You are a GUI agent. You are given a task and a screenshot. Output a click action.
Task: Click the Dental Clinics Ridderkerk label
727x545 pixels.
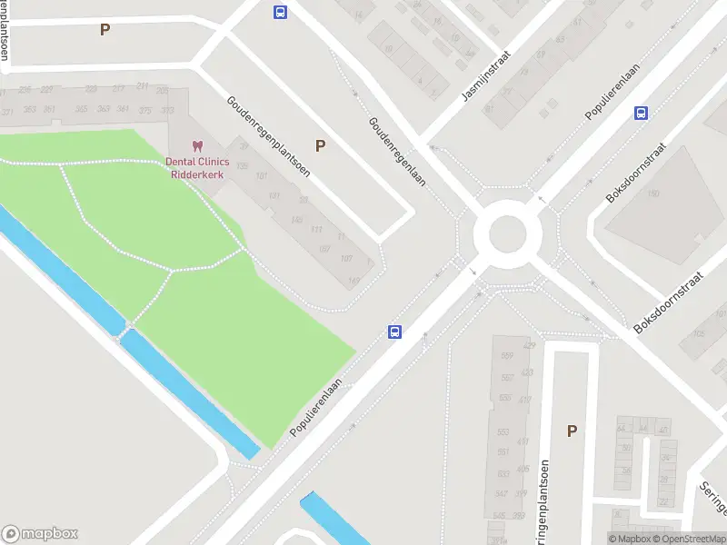click(x=197, y=167)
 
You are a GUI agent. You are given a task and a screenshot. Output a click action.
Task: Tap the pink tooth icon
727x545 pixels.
click(x=196, y=145)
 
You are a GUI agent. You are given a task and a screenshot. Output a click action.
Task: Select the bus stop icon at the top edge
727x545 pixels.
click(x=280, y=12)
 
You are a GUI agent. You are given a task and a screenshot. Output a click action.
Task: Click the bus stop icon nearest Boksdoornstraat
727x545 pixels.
click(x=641, y=114)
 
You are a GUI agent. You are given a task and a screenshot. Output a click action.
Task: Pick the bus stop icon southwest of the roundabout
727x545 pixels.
click(x=395, y=332)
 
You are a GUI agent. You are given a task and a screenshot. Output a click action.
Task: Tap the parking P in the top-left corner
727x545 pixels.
click(x=105, y=29)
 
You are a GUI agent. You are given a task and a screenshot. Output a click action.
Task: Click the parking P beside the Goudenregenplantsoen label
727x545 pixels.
click(x=320, y=145)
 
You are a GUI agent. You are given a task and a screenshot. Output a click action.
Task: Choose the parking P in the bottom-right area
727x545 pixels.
click(x=572, y=431)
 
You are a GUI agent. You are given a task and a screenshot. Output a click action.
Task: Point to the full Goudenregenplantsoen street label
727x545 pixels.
click(x=268, y=136)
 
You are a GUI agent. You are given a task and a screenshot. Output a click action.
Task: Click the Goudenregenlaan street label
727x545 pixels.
click(x=397, y=152)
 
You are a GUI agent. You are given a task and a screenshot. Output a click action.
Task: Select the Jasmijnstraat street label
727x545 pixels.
click(x=486, y=75)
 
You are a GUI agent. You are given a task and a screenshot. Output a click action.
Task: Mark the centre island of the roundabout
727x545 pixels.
click(x=508, y=234)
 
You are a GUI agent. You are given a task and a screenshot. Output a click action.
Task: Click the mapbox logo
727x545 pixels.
click(x=39, y=534)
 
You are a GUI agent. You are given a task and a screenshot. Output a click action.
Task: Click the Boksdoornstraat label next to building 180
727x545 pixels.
click(x=637, y=172)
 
